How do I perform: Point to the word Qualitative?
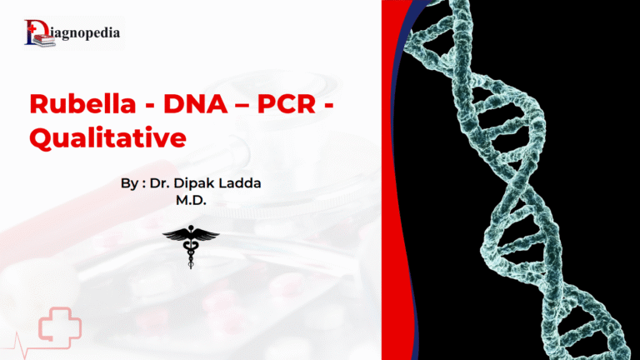[x=107, y=138]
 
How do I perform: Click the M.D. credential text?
[x=191, y=201]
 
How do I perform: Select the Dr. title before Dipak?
[x=160, y=184]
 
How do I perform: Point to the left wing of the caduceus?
[x=176, y=237]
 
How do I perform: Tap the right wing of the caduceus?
[x=207, y=237]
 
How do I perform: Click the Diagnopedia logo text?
[x=88, y=33]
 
